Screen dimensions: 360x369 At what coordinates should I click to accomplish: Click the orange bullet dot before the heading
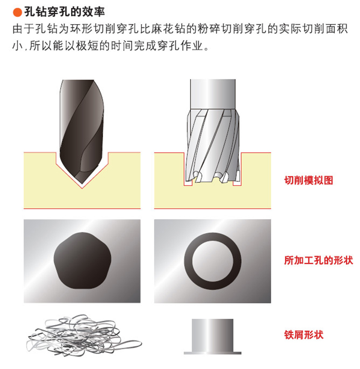coord(17,12)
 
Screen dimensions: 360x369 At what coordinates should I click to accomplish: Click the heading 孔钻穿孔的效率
coord(64,12)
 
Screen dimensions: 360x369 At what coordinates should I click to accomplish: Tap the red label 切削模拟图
coord(309,180)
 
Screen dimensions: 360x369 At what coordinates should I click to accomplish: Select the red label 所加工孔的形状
coord(319,260)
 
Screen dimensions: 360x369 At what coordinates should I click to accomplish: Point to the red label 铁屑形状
coord(304,335)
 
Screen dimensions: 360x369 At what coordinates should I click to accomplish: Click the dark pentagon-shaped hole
coord(82,261)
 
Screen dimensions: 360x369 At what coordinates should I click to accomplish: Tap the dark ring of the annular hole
coord(188,261)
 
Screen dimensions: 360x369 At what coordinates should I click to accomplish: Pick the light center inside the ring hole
coord(213,261)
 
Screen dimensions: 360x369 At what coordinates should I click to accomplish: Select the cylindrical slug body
coord(213,335)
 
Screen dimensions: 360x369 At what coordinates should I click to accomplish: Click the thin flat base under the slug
coord(213,353)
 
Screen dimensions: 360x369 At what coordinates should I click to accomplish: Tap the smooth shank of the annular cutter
coord(213,94)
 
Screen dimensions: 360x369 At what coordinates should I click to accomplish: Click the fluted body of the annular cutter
coord(213,141)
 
